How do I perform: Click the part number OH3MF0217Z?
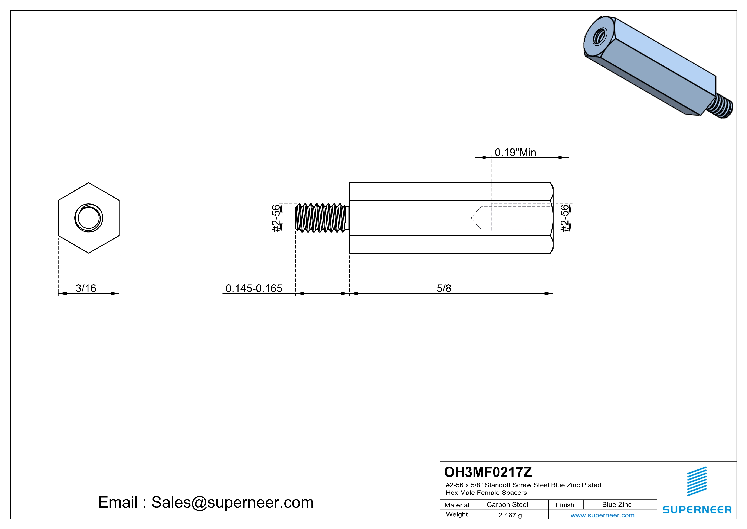(x=488, y=472)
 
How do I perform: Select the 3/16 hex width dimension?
(x=86, y=288)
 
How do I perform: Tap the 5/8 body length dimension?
(x=444, y=288)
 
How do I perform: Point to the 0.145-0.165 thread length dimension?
(x=254, y=288)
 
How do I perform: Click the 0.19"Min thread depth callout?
(x=515, y=152)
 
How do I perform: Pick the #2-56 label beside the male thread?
(x=276, y=218)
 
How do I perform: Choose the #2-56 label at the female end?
(x=565, y=218)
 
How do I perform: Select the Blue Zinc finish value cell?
(x=617, y=504)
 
